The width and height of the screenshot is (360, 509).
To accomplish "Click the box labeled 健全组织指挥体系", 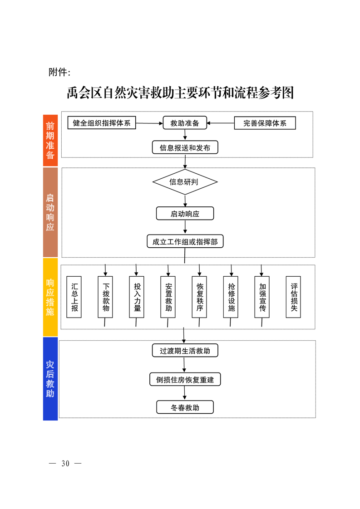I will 102,123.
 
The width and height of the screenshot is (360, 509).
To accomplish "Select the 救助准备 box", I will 185,123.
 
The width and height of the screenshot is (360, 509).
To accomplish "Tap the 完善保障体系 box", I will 265,123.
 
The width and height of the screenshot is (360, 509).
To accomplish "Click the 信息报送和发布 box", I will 185,147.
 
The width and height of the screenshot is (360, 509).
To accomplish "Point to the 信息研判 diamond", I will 185,182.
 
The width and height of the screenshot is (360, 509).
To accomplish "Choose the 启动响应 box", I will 185,214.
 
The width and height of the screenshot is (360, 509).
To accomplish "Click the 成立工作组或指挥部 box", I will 185,241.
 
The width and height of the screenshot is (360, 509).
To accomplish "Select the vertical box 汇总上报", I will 74,297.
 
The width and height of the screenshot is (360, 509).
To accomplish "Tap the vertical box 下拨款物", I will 106,297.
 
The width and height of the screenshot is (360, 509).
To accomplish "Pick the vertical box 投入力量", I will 137,297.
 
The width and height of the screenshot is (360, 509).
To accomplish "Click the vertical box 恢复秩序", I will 200,297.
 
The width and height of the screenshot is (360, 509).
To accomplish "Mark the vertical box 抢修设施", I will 231,297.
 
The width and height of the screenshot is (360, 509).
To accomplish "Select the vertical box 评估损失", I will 293,297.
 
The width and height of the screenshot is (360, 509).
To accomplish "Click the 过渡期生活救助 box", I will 185,351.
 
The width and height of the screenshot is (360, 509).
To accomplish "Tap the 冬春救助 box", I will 185,407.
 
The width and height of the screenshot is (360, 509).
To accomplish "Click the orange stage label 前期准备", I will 50,140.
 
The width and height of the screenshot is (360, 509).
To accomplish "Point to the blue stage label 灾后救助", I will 50,379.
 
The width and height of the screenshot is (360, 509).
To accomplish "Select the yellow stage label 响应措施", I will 50,297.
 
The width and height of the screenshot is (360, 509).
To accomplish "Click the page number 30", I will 65,464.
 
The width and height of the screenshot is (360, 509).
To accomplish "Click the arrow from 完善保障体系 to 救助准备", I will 221,123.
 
